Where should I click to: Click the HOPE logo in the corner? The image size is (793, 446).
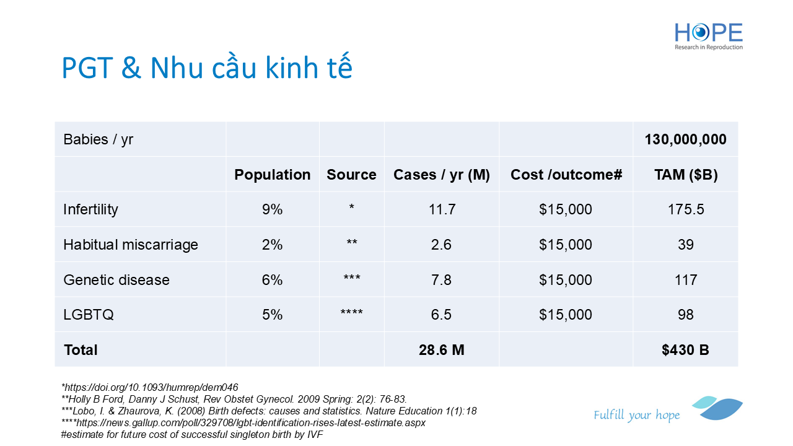pyautogui.click(x=708, y=37)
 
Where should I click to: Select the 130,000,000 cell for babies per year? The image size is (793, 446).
pyautogui.click(x=685, y=139)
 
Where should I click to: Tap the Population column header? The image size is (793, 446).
pyautogui.click(x=272, y=175)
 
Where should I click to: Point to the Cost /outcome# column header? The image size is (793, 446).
pyautogui.click(x=566, y=175)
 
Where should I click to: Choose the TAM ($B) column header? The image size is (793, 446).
pyautogui.click(x=686, y=175)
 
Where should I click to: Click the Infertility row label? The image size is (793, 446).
pyautogui.click(x=90, y=209)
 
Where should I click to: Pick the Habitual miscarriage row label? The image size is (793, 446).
pyautogui.click(x=131, y=245)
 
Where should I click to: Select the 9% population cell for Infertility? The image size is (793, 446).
pyautogui.click(x=272, y=209)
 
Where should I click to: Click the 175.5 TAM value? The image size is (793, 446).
pyautogui.click(x=686, y=209)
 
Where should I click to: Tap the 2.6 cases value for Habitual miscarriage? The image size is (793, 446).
pyautogui.click(x=441, y=245)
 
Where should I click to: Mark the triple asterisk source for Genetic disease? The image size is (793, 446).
pyautogui.click(x=351, y=278)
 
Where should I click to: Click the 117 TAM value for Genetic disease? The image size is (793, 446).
pyautogui.click(x=686, y=280)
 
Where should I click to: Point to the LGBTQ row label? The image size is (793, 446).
pyautogui.click(x=89, y=315)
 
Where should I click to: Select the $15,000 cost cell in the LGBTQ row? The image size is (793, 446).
pyautogui.click(x=566, y=315)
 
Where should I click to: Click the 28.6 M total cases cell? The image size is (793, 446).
pyautogui.click(x=442, y=350)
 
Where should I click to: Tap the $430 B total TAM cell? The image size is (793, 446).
pyautogui.click(x=685, y=350)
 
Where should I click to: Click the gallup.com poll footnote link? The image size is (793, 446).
pyautogui.click(x=243, y=422)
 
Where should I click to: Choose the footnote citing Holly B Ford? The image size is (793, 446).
pyautogui.click(x=234, y=400)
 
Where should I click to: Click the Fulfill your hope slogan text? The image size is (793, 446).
pyautogui.click(x=636, y=415)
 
